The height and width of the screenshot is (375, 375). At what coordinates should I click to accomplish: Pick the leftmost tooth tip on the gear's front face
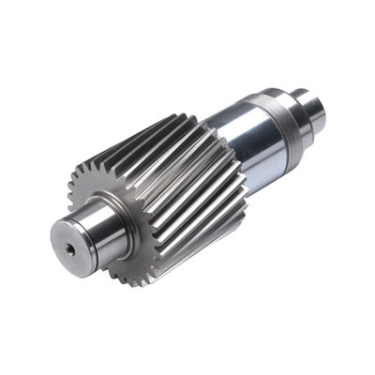tap(69, 179)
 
